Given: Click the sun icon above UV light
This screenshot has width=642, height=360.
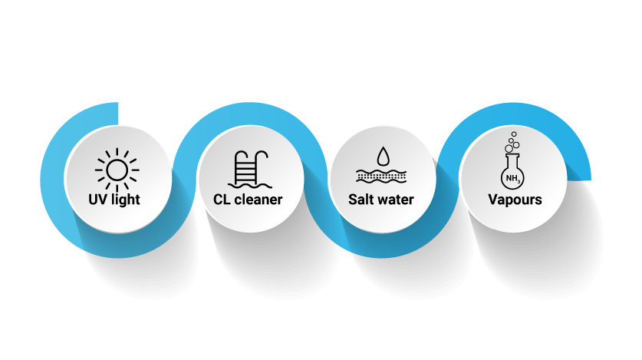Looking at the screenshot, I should click(x=117, y=168).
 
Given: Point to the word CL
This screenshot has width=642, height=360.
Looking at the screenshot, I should click(x=222, y=200).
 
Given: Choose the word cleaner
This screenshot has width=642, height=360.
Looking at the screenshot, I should click(x=258, y=200).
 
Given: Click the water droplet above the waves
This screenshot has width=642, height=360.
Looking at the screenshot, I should click(x=381, y=157).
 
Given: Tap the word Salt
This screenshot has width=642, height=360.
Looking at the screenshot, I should click(x=361, y=200).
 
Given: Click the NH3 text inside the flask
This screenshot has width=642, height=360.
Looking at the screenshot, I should click(x=512, y=180).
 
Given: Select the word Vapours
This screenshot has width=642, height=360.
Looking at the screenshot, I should click(x=515, y=200).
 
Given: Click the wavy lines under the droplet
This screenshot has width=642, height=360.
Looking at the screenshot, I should click(x=381, y=176).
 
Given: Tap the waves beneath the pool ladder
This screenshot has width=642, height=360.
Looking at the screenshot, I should click(x=251, y=184).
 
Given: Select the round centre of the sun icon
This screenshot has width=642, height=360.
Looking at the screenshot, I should click(x=117, y=168).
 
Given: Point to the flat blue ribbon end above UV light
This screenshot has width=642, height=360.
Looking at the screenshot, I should click(x=115, y=111).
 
